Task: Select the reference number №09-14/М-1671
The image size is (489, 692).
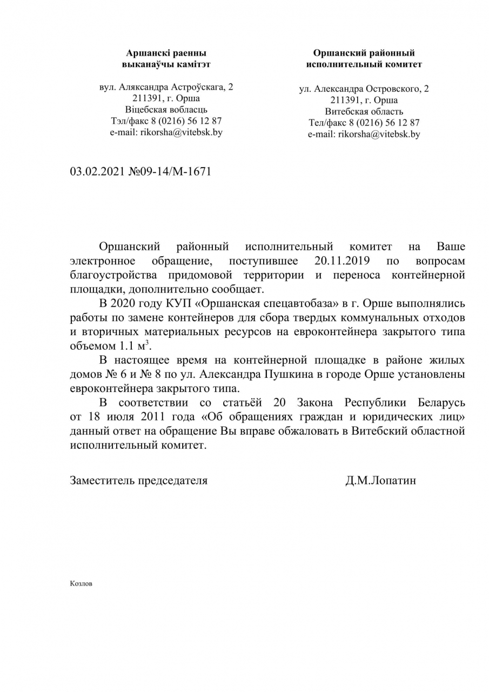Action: pyautogui.click(x=169, y=171)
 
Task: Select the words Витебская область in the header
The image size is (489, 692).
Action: pyautogui.click(x=364, y=111)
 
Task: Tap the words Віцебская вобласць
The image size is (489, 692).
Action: pyautogui.click(x=166, y=109)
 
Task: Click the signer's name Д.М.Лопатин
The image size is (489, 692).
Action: pyautogui.click(x=380, y=480)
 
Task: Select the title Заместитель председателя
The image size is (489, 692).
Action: pyautogui.click(x=138, y=480)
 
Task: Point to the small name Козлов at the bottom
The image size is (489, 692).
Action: pyautogui.click(x=81, y=584)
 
